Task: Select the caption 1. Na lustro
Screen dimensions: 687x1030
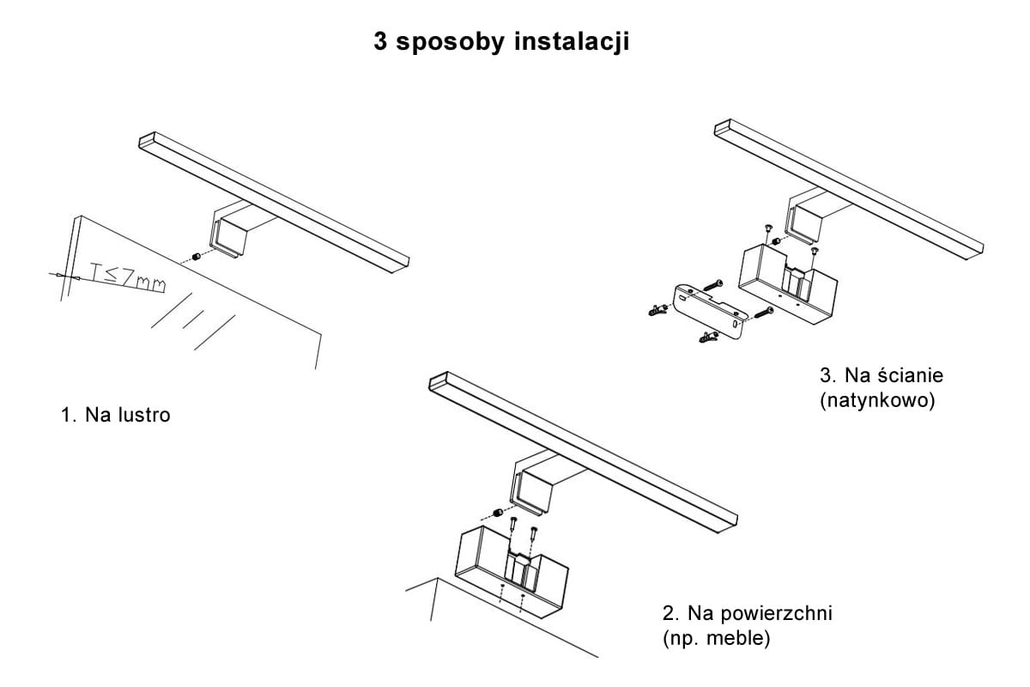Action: (x=116, y=416)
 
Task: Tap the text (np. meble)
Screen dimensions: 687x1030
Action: (x=716, y=640)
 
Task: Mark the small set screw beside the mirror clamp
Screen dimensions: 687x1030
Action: (x=197, y=257)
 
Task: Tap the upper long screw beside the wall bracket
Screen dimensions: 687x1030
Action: (x=714, y=283)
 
